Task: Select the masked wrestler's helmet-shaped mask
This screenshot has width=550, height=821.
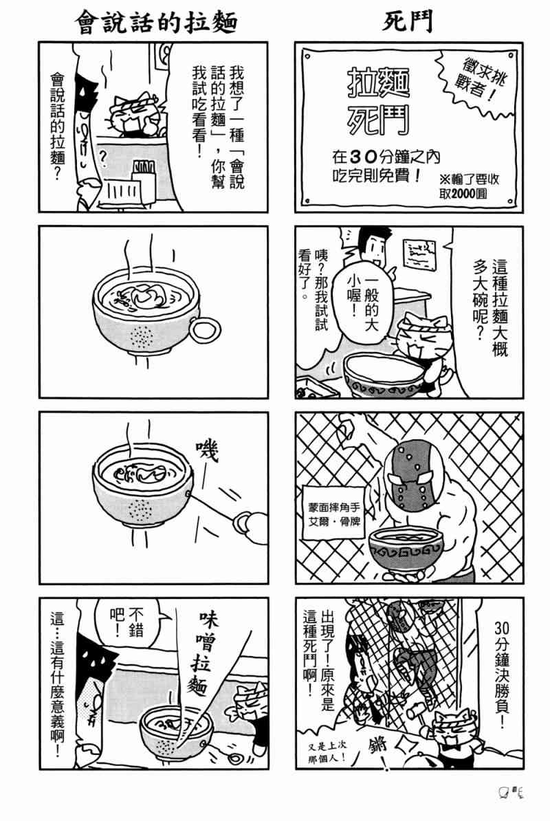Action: tap(411, 474)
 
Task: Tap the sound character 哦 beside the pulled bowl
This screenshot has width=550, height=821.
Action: tap(206, 455)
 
